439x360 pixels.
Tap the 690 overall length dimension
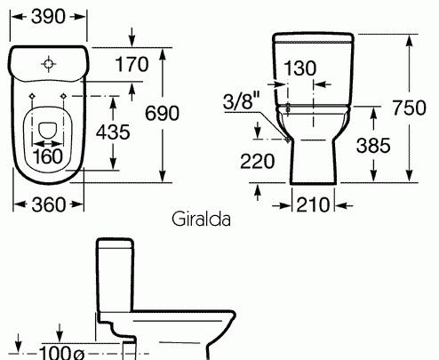point(188,113)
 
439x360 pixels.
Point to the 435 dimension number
point(137,131)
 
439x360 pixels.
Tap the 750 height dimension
point(411,108)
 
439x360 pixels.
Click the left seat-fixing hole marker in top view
point(33,93)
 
